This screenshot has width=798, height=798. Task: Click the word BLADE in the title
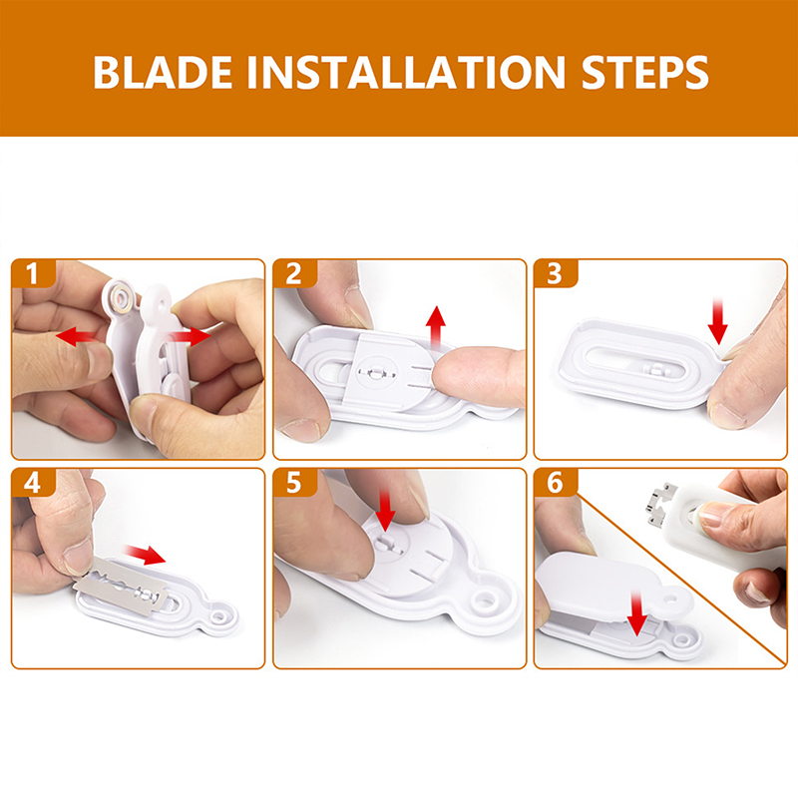click(x=163, y=72)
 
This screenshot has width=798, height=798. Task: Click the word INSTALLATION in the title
click(x=406, y=72)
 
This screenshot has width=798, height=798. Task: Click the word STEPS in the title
click(x=644, y=72)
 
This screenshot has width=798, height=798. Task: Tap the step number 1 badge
click(x=33, y=273)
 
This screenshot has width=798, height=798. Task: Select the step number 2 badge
click(x=294, y=273)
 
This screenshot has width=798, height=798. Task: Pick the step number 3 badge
click(x=555, y=273)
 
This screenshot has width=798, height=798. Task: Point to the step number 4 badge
click(x=33, y=483)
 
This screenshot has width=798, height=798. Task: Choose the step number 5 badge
click(x=294, y=483)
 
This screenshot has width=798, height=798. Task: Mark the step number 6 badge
click(x=555, y=483)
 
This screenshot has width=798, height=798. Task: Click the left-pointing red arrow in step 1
click(x=77, y=336)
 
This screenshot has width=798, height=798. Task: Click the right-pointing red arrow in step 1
click(x=190, y=336)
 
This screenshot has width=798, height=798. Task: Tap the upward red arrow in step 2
click(x=436, y=327)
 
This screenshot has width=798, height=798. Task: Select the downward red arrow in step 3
click(x=717, y=321)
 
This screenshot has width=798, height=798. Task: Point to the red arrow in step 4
click(x=145, y=554)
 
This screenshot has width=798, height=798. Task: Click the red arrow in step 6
click(x=636, y=613)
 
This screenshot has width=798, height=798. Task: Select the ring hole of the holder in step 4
click(x=219, y=616)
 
